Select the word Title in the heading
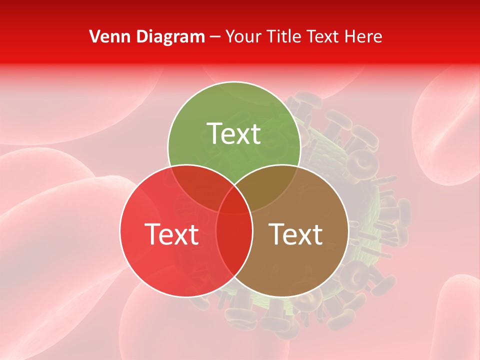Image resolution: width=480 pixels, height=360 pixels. pos(284,36)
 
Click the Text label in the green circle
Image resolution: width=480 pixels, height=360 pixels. pos(234,133)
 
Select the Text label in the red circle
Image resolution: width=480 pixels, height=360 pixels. pos(171,234)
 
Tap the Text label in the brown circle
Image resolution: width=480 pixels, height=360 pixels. pos(295,234)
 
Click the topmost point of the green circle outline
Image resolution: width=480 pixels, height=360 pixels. pos(234,82)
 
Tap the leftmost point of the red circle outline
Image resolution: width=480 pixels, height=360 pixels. pos(120,230)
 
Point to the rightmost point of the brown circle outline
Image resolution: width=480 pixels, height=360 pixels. pos(348,230)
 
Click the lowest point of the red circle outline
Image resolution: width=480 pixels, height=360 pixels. pos(186,297)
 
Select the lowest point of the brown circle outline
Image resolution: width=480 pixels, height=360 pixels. pos(282,297)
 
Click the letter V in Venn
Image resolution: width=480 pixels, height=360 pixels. pos(94,36)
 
